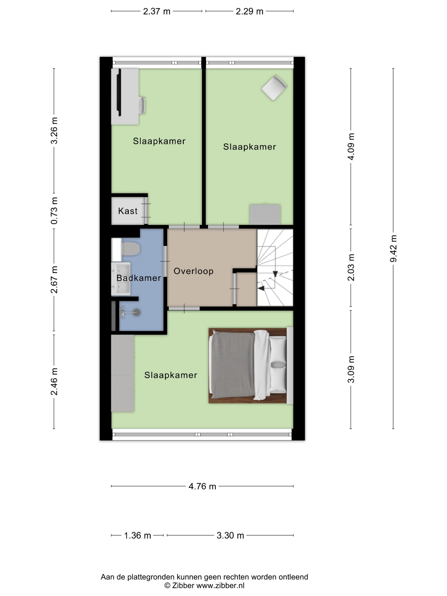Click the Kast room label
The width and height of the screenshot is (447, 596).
coord(128,211)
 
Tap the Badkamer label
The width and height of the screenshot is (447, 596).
coord(139,278)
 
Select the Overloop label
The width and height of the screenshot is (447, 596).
coord(193,271)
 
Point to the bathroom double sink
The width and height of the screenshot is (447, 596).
coord(121,279)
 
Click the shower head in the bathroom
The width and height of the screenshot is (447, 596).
coord(137,312)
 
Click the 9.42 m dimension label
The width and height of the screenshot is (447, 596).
coord(393,248)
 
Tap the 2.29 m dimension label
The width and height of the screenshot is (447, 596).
coord(249,11)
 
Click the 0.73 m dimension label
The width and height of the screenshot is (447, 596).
coord(54,211)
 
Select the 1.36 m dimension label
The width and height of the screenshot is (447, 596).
coord(138,535)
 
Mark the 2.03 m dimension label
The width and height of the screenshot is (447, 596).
coord(351,268)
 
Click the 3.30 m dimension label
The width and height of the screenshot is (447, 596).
coord(230,535)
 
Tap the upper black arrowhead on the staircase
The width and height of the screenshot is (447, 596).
coord(275,274)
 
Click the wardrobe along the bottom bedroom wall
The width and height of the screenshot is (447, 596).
coord(123,373)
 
